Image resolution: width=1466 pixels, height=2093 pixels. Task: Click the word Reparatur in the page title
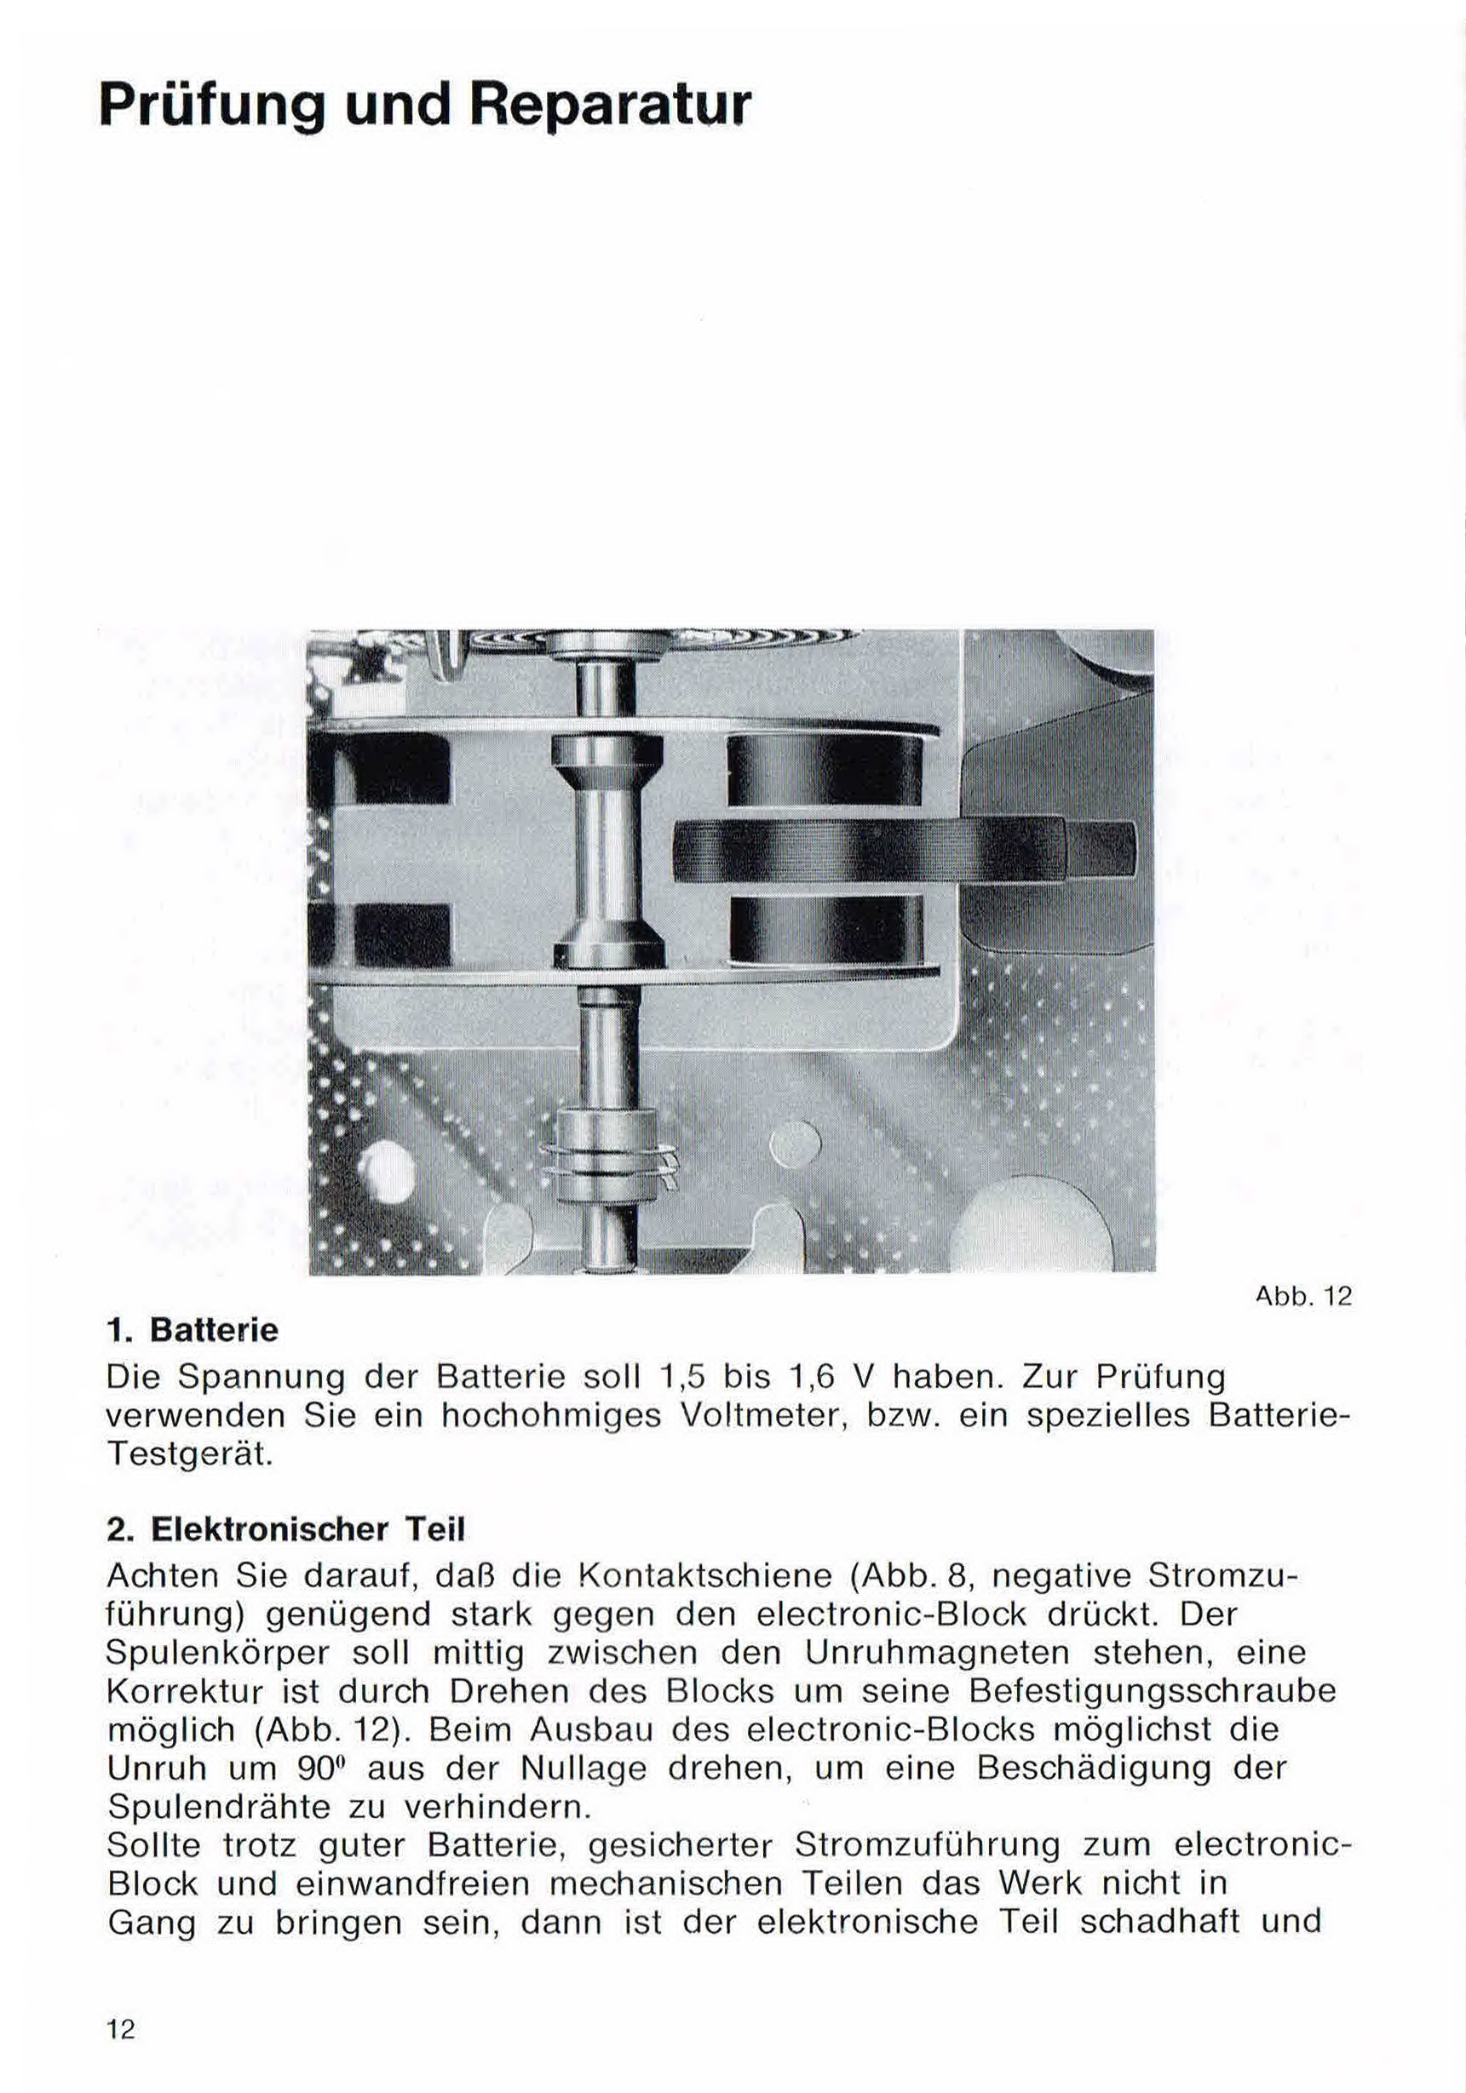tap(610, 106)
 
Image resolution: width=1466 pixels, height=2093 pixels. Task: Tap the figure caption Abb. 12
tap(1303, 1295)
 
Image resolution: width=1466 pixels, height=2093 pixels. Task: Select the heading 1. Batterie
tap(193, 1330)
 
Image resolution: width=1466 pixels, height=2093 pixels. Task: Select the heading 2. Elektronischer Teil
tap(285, 1528)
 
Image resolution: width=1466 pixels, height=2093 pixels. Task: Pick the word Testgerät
tap(190, 1454)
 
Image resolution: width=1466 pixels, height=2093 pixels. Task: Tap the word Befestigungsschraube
tap(1152, 1691)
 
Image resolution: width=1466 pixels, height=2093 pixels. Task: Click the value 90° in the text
tap(319, 1769)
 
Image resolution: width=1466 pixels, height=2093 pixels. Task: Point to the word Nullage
tap(584, 1769)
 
